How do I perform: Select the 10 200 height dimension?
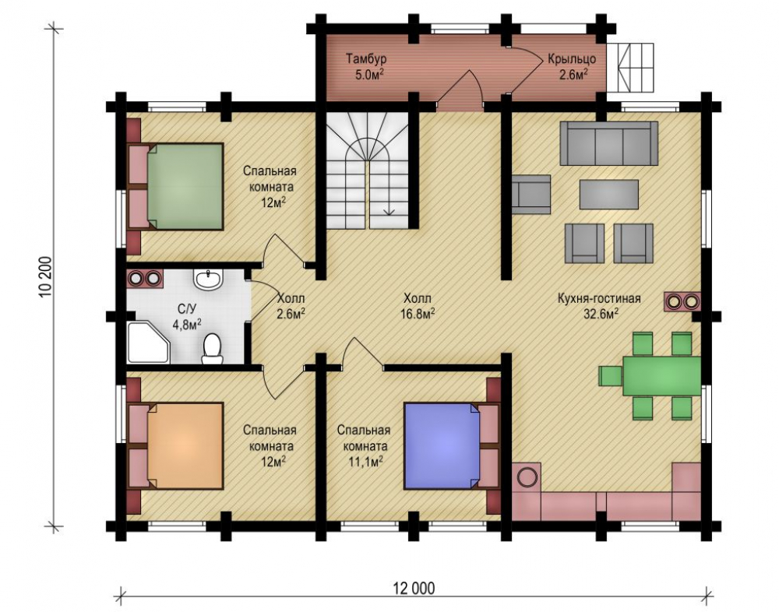click(45, 276)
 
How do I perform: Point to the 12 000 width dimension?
click(414, 588)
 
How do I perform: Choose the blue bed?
click(442, 445)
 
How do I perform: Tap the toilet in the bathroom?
click(212, 350)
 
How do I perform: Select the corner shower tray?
click(147, 343)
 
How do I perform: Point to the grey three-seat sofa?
click(608, 143)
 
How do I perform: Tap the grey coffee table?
click(609, 194)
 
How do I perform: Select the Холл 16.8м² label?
click(418, 306)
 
